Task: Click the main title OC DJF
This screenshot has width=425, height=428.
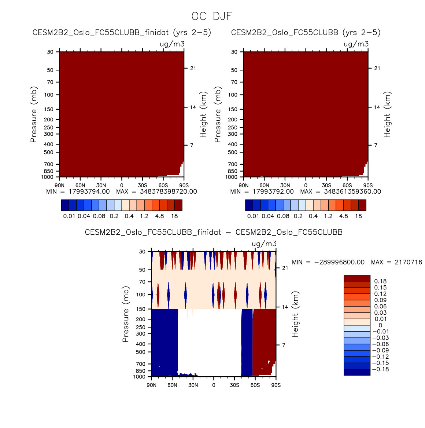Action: click(x=212, y=17)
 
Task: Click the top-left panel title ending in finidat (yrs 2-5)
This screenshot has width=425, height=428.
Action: click(x=122, y=33)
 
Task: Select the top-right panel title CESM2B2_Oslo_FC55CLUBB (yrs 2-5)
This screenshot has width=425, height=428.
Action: click(x=306, y=33)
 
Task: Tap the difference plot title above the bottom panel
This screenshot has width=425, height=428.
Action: click(x=214, y=233)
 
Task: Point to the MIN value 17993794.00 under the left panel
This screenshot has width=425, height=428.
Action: click(x=89, y=191)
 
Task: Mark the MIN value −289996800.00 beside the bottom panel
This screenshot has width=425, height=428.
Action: click(x=339, y=262)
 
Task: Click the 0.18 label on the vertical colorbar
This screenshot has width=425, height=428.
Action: click(x=380, y=281)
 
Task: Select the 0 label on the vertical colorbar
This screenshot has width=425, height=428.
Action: click(x=380, y=325)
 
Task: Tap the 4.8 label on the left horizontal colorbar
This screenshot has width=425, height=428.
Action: click(x=159, y=216)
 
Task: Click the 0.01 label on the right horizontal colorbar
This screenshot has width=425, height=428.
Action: click(x=253, y=216)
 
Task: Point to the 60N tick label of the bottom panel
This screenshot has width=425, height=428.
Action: click(x=172, y=385)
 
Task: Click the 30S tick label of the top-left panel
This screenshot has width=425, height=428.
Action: click(x=143, y=186)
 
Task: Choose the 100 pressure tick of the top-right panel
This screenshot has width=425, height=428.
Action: click(x=233, y=95)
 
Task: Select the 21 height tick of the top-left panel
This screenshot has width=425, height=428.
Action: click(x=193, y=68)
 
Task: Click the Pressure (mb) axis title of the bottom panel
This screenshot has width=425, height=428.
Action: click(x=126, y=314)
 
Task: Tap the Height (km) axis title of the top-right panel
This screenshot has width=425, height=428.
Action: click(x=388, y=114)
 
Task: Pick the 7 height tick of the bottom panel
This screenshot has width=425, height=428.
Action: click(x=284, y=345)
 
